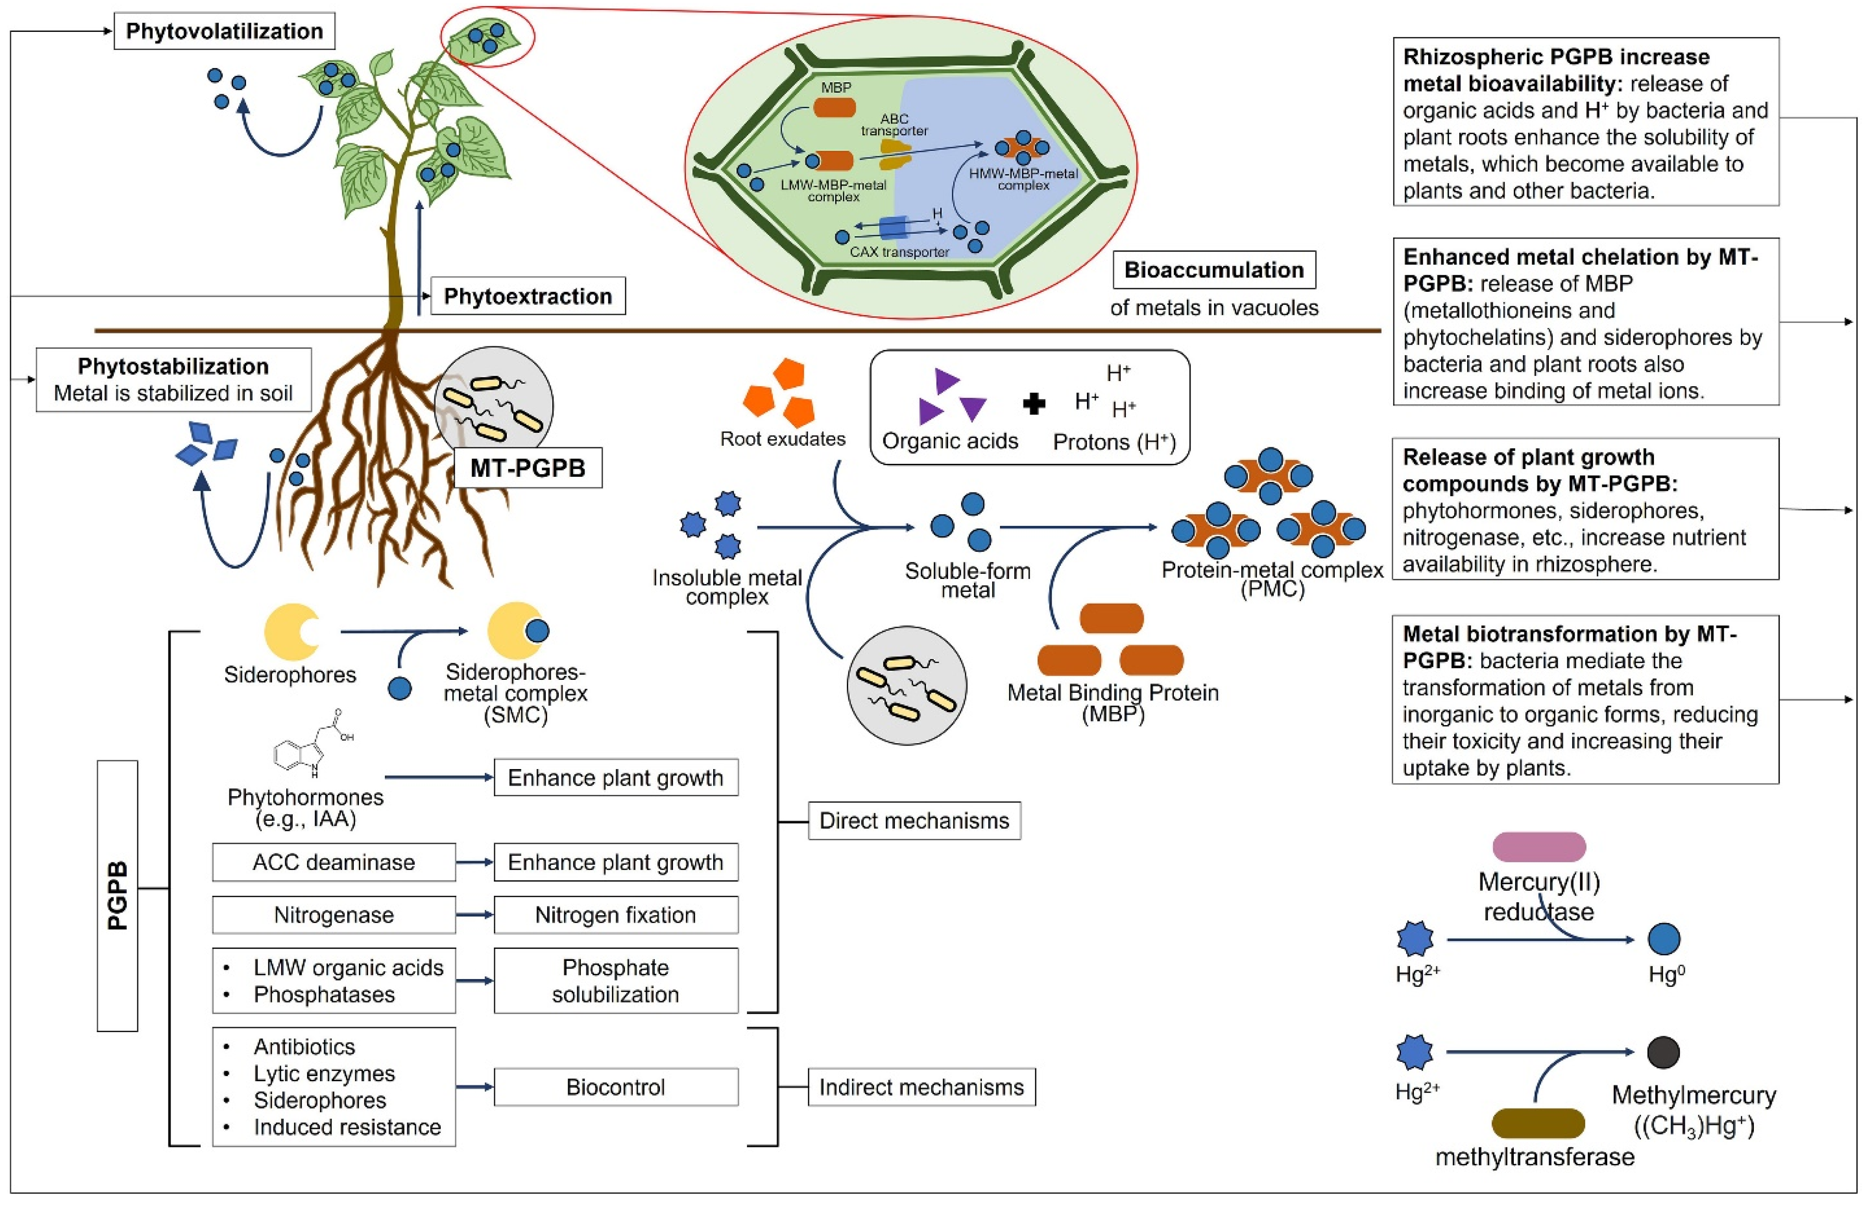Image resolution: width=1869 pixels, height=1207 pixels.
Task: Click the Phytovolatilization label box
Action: click(x=224, y=31)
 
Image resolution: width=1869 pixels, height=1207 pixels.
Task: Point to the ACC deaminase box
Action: click(x=334, y=862)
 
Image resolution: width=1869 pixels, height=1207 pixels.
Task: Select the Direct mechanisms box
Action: click(x=914, y=820)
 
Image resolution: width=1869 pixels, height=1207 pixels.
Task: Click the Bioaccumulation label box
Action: click(x=1214, y=270)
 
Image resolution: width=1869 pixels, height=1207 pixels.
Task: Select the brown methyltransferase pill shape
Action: click(x=1537, y=1123)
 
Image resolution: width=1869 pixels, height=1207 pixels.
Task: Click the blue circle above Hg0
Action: click(x=1664, y=939)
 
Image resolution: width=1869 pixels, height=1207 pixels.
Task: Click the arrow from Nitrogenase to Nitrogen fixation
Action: click(x=474, y=915)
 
